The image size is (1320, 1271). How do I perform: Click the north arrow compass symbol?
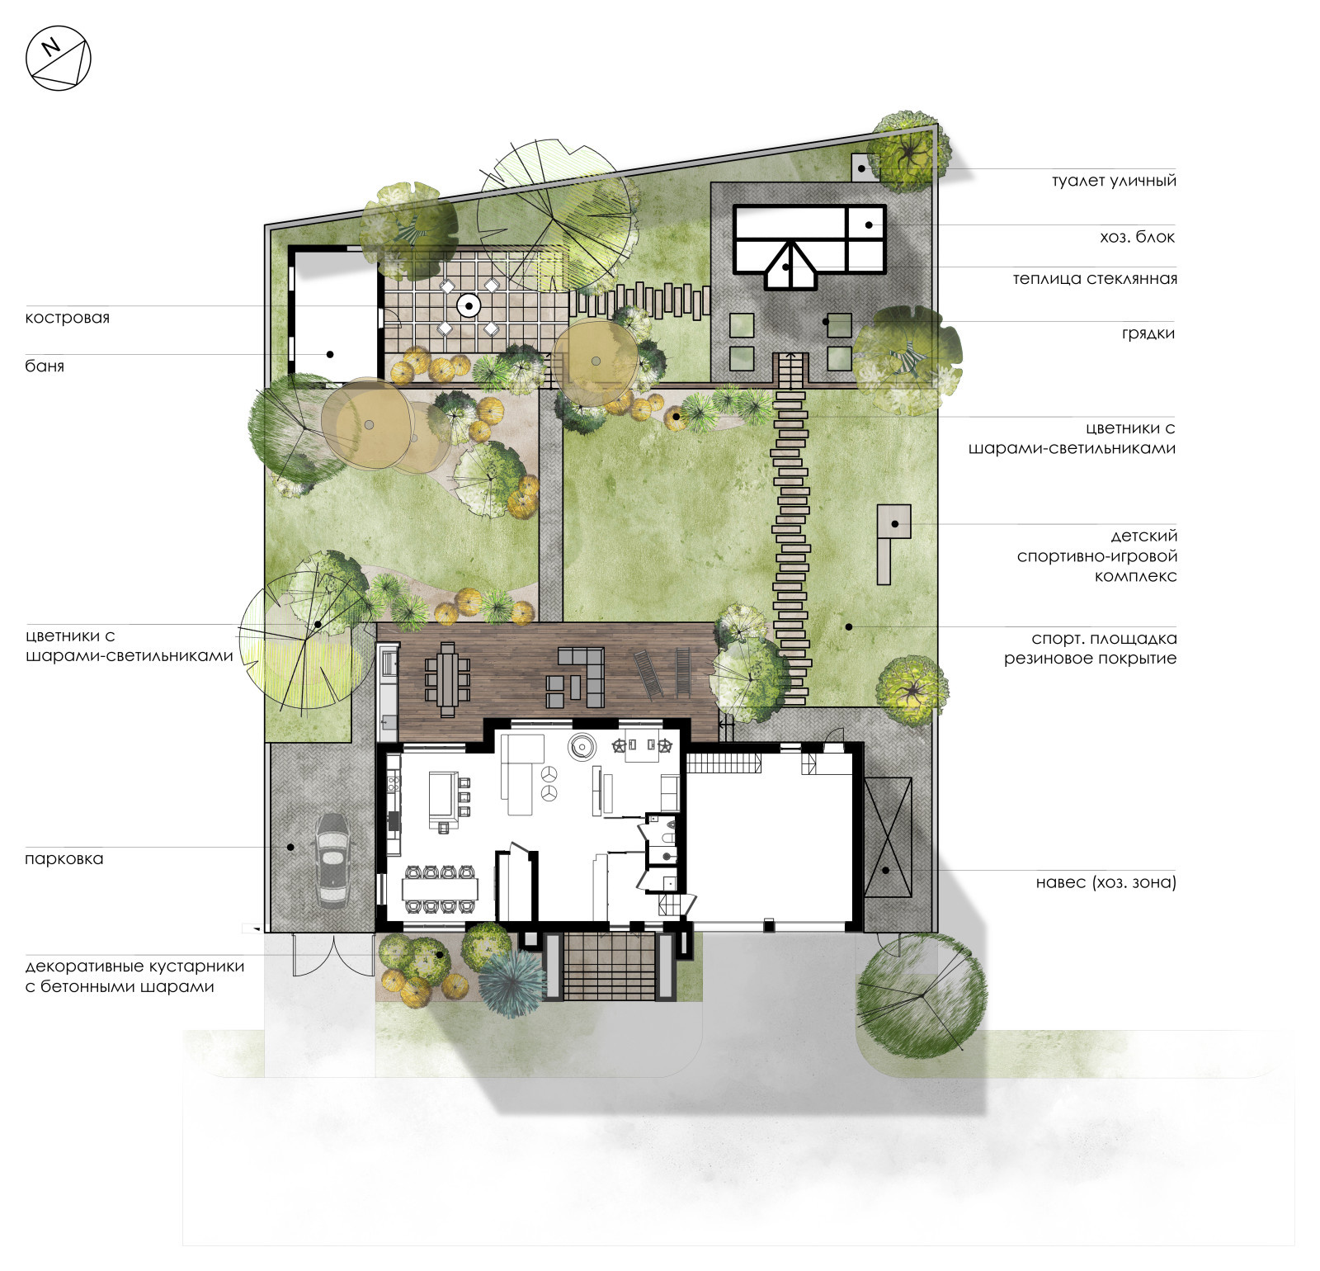point(58,58)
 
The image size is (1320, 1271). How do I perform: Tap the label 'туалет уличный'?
point(1114,181)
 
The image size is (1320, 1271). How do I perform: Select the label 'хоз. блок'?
point(1137,237)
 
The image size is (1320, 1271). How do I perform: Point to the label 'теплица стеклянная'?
point(1095,279)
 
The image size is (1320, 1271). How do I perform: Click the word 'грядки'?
point(1148,333)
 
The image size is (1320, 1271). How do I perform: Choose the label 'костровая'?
point(68,318)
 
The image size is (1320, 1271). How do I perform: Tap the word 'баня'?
point(45,366)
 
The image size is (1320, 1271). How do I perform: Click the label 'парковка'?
point(64,858)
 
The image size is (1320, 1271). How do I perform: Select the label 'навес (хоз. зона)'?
point(1105,882)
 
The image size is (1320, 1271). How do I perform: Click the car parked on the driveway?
point(332,860)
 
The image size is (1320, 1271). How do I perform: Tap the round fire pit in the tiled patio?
point(469,306)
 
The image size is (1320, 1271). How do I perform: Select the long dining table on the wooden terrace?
point(447,678)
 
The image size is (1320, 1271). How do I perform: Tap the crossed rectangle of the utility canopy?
point(888,837)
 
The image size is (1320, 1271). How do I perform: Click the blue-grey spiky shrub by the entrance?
point(511,977)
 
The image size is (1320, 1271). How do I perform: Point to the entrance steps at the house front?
point(609,966)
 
